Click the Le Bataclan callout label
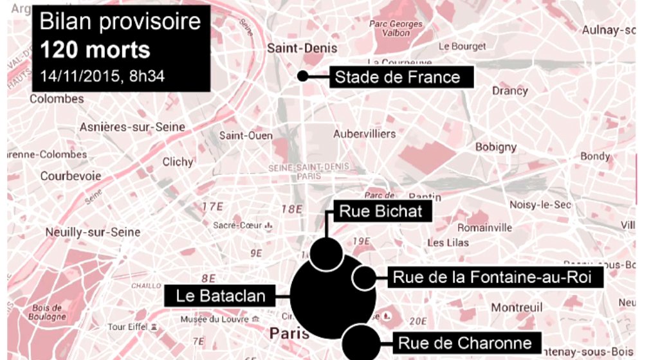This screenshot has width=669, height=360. point(217,296)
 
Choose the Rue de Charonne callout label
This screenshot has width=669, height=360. point(464,343)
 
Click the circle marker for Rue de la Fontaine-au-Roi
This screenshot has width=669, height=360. point(364,278)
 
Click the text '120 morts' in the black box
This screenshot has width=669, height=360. point(95,50)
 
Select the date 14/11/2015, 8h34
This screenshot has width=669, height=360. point(102,75)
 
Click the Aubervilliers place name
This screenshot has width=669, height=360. point(364,134)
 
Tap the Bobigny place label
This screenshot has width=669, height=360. point(495,147)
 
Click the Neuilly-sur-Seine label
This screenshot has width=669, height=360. point(84,232)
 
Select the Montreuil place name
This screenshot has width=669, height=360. point(512,308)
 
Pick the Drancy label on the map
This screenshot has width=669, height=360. point(509,91)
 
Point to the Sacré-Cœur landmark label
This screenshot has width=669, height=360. point(238,226)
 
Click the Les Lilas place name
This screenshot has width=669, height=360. point(448,242)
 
